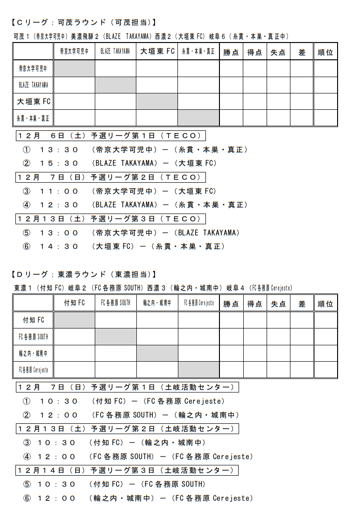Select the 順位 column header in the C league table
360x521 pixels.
[325, 52]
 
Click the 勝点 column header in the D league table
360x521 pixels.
[231, 304]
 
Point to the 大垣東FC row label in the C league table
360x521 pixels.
[34, 101]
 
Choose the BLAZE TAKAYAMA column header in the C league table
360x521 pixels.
[115, 52]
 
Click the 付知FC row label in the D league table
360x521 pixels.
[34, 320]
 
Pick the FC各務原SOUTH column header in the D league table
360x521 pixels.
[115, 303]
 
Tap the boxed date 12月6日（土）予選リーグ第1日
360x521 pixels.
[111, 136]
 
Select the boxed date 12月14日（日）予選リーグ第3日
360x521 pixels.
[127, 470]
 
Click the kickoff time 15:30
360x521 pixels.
[59, 163]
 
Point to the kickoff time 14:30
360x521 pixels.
[59, 246]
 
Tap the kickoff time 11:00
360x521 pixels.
[59, 191]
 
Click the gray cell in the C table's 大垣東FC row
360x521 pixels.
[157, 101]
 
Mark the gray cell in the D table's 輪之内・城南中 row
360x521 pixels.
[157, 353]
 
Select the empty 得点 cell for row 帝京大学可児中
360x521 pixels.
[254, 68]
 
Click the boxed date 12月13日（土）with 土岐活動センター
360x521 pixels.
[127, 428]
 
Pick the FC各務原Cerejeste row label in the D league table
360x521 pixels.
[34, 370]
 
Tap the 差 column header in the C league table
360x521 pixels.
[302, 52]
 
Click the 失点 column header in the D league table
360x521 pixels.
[278, 304]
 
